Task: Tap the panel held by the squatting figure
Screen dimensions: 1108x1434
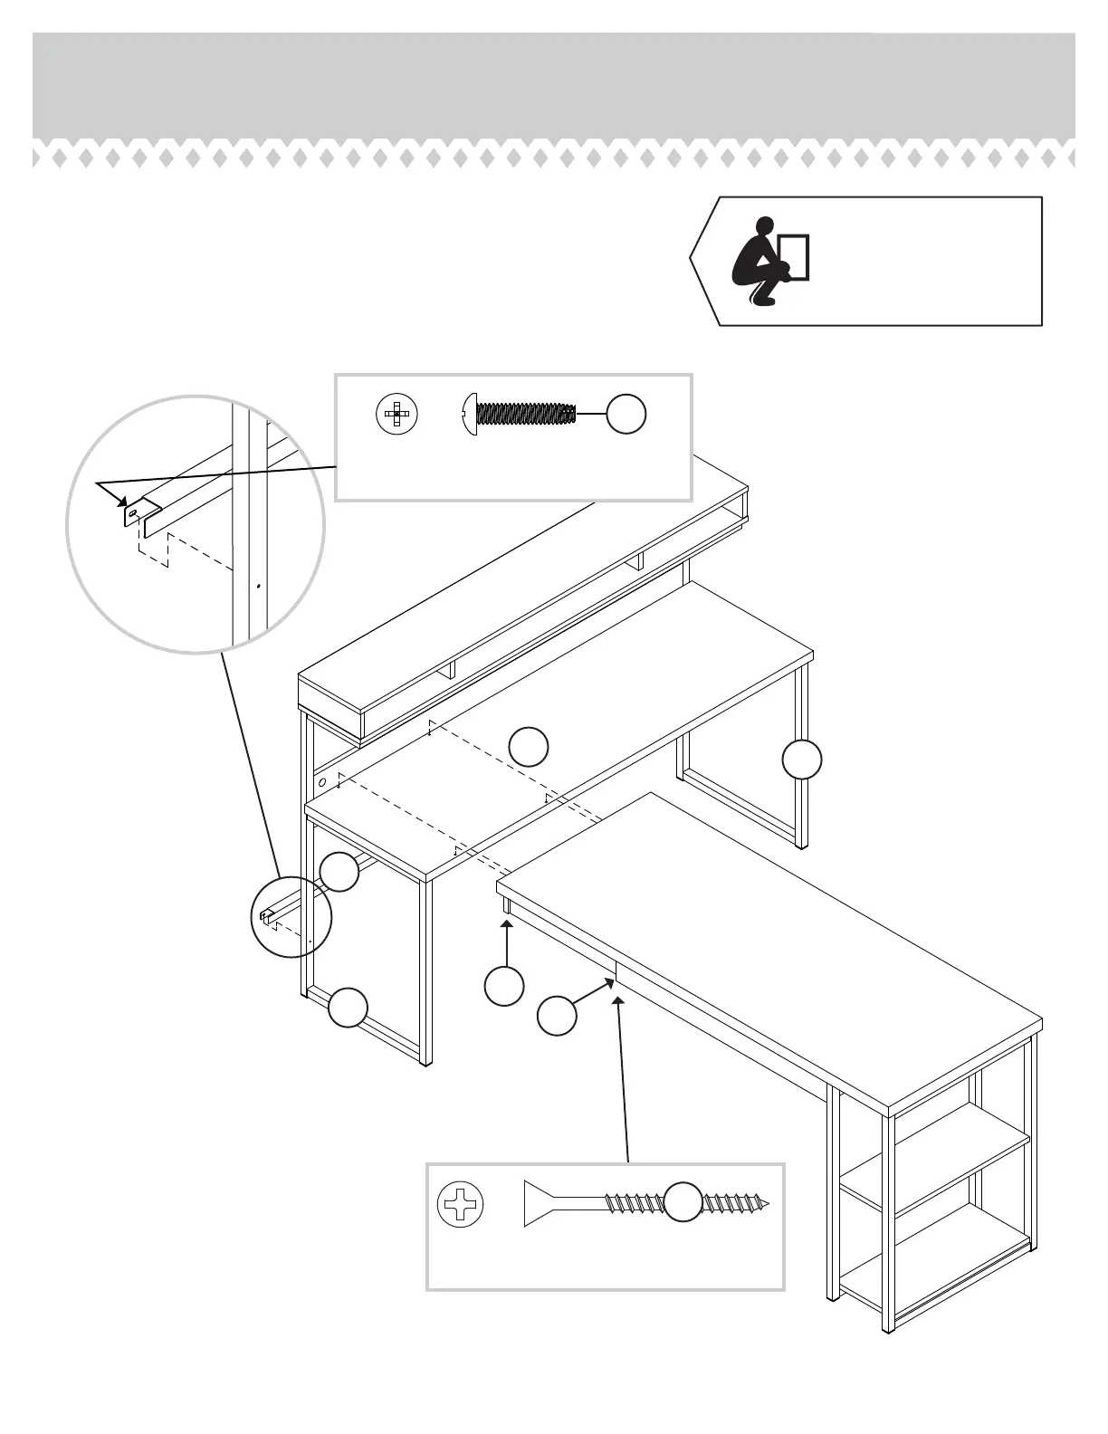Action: (x=794, y=257)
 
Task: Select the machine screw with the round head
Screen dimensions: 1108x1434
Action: (x=519, y=414)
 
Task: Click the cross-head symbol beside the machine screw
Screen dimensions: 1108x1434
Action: (x=396, y=415)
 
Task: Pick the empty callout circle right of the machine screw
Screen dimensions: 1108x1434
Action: (x=626, y=414)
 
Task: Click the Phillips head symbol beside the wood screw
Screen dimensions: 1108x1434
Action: (x=460, y=1205)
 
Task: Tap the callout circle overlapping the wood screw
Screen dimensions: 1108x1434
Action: (x=683, y=1202)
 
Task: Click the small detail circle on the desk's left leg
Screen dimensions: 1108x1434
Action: (x=291, y=916)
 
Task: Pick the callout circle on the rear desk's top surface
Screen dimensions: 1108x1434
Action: (x=528, y=746)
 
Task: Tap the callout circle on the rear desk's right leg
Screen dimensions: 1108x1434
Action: (x=802, y=760)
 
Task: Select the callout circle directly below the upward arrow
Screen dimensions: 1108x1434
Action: (x=504, y=986)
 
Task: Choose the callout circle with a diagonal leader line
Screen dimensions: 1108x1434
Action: (x=557, y=1016)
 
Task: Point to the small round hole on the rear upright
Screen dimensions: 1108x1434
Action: (x=321, y=780)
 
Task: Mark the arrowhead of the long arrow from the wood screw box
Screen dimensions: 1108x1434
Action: (x=618, y=1000)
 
